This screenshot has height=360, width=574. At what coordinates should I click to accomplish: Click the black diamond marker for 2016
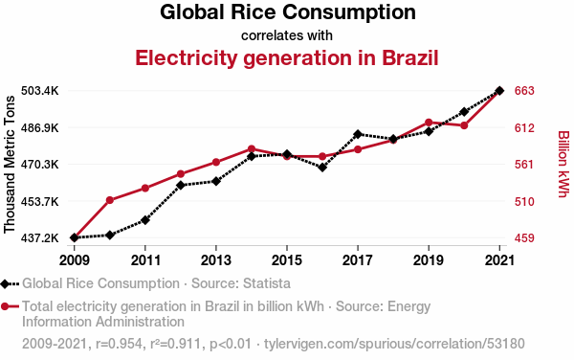point(322,168)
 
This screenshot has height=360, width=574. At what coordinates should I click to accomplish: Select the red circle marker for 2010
point(110,200)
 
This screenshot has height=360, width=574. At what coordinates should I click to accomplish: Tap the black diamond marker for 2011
point(145,220)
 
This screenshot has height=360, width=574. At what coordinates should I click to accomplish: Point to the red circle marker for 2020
point(464,125)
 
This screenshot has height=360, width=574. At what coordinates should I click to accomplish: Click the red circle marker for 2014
point(252,148)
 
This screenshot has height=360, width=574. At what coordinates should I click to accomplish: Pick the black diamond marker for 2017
point(358,134)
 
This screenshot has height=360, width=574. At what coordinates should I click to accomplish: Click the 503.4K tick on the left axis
point(39,90)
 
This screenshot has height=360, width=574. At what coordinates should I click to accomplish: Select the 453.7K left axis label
point(39,201)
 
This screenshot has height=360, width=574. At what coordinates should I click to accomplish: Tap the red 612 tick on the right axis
point(524,127)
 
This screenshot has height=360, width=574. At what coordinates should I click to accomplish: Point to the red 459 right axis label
point(524,238)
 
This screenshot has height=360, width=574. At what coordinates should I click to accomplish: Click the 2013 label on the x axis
point(216,260)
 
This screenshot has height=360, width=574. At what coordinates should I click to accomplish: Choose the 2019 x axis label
point(429,260)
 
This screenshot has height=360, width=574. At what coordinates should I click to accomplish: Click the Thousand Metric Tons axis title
point(10,165)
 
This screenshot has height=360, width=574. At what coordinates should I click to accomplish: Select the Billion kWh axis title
point(563,164)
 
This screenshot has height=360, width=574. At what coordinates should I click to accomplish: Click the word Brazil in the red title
point(410,57)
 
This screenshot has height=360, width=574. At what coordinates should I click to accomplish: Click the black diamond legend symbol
point(5,283)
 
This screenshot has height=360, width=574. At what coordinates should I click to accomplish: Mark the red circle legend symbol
point(5,306)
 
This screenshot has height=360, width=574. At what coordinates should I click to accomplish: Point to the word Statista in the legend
point(267,283)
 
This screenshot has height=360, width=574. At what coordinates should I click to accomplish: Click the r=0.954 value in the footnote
point(119,344)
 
